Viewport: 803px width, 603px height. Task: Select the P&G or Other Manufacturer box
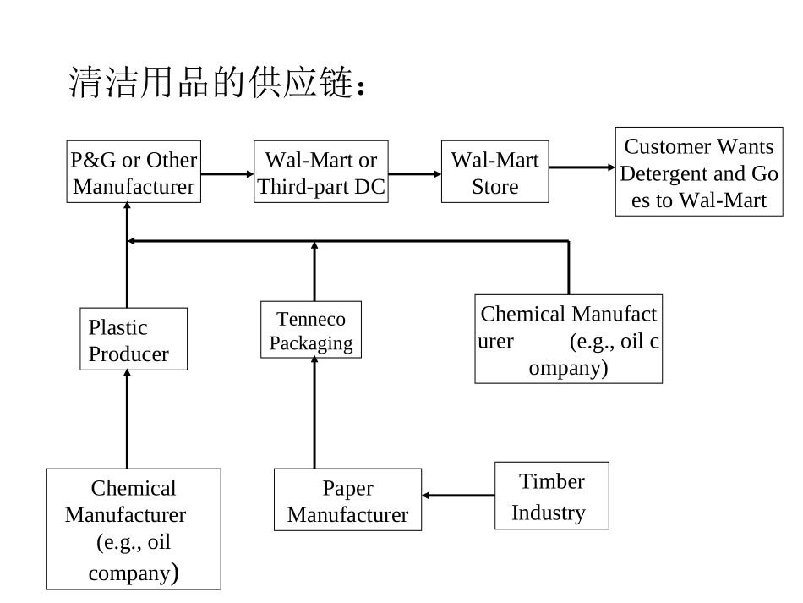(134, 172)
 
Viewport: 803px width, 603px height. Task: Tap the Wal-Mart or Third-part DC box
(321, 172)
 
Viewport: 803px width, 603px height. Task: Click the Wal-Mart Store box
(494, 172)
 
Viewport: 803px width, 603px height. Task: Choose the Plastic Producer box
(134, 339)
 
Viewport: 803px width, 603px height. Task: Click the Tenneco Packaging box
(311, 330)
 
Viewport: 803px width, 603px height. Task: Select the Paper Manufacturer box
(347, 500)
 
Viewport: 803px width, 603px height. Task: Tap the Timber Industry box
(551, 496)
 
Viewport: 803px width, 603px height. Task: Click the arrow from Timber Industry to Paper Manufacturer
(457, 496)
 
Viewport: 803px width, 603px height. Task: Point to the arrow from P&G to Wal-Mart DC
(227, 173)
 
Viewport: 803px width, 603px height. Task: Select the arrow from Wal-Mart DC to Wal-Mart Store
(414, 173)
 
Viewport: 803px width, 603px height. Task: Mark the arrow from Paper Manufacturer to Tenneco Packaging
(314, 413)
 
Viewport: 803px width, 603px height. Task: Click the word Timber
(551, 481)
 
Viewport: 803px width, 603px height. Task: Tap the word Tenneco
(311, 319)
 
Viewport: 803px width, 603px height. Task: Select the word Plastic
(118, 327)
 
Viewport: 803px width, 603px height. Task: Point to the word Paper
(347, 488)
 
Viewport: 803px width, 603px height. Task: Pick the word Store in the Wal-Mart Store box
(494, 186)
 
